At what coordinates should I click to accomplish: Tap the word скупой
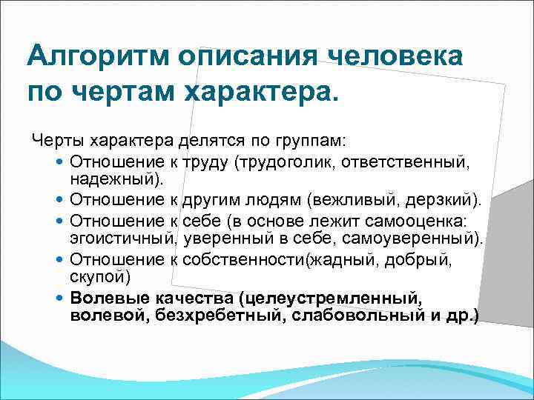(x=101, y=278)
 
